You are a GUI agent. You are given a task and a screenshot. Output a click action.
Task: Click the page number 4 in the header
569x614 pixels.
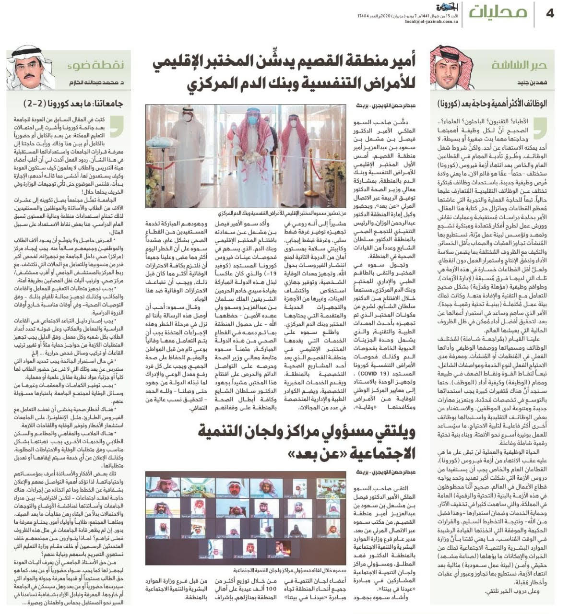tap(550, 13)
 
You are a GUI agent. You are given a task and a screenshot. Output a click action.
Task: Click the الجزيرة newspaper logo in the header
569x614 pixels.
tap(434, 8)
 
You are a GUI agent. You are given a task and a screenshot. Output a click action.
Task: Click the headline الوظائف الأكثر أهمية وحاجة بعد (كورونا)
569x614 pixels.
tap(492, 104)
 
